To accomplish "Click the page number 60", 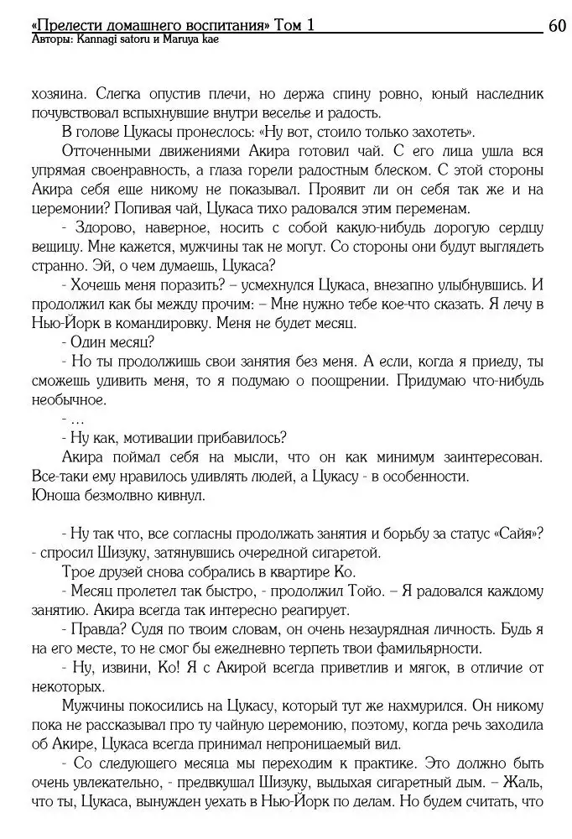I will (x=558, y=25).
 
